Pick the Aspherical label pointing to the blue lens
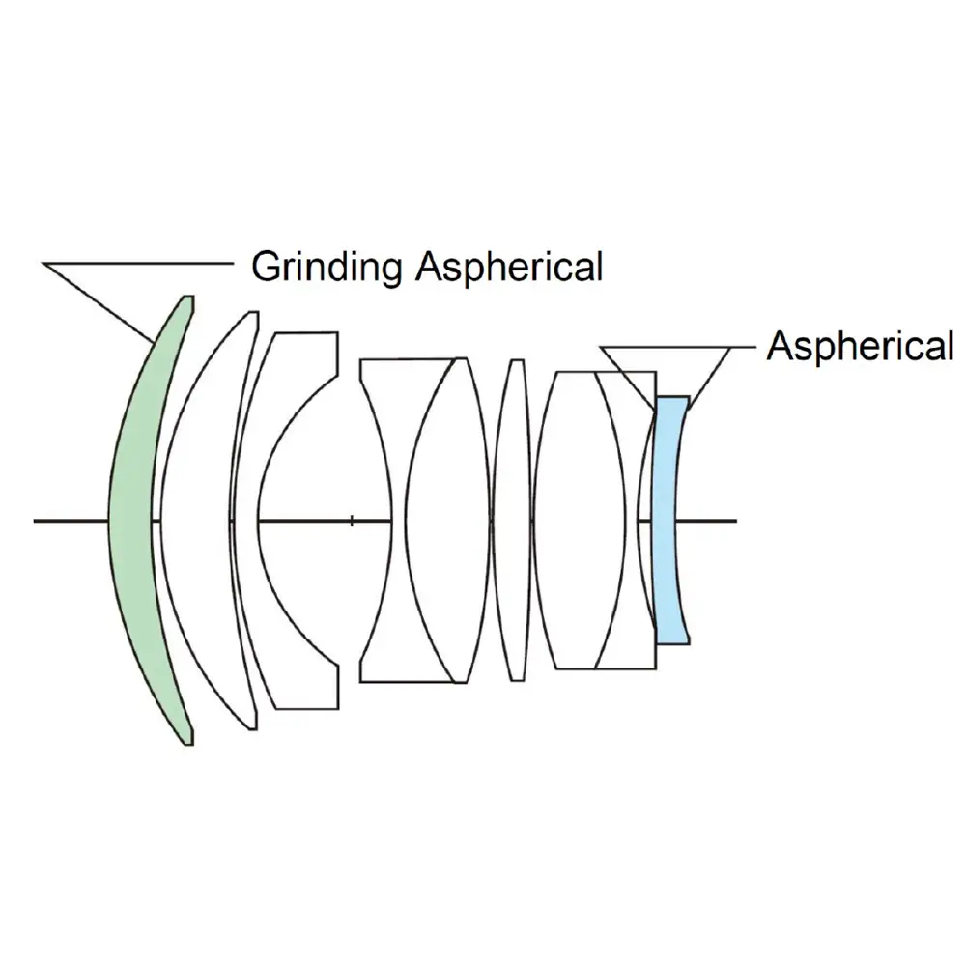859,345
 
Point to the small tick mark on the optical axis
352,521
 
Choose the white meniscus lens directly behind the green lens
198,522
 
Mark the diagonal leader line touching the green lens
97,300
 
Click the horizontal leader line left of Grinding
135,262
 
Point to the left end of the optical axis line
36,521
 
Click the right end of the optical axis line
735,521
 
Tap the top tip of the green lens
188,298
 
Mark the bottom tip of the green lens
188,742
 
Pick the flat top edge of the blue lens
672,397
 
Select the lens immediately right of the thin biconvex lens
570,522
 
